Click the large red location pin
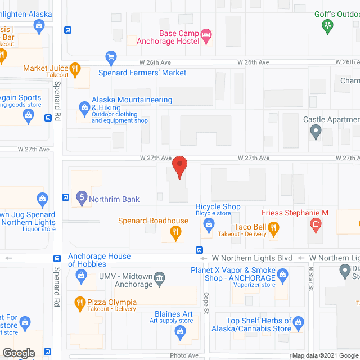pos(179,167)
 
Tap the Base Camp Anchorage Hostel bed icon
pos(206,37)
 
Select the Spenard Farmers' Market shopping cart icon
pos(111,57)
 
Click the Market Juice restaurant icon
pos(76,70)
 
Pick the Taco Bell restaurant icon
pos(273,228)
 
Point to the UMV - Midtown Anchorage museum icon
pos(160,277)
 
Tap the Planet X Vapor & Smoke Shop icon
pos(283,275)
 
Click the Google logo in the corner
pos(18,353)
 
